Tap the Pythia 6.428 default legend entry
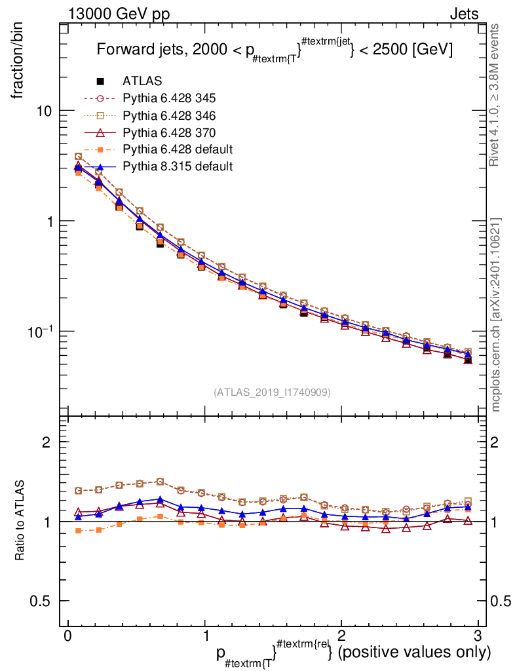click(x=178, y=149)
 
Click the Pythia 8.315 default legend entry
click(x=178, y=166)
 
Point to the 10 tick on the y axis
click(x=45, y=111)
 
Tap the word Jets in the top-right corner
click(x=463, y=14)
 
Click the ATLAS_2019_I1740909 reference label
click(x=272, y=392)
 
